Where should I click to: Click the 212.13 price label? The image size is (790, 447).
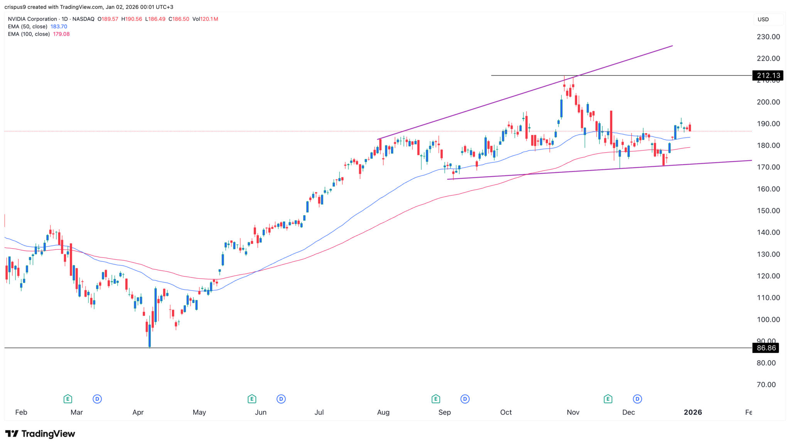pyautogui.click(x=768, y=75)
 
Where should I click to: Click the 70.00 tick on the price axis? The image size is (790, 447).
pyautogui.click(x=766, y=384)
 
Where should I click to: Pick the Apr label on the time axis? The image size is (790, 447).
pyautogui.click(x=138, y=412)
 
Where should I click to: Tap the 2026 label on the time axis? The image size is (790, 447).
pyautogui.click(x=692, y=412)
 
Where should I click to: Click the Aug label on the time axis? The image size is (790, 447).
pyautogui.click(x=383, y=412)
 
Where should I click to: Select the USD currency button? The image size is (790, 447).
pyautogui.click(x=763, y=19)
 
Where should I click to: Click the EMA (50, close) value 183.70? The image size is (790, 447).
pyautogui.click(x=59, y=27)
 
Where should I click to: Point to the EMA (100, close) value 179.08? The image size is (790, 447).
pyautogui.click(x=61, y=34)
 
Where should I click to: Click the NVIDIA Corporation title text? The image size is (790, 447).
pyautogui.click(x=32, y=19)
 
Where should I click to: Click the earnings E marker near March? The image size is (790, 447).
pyautogui.click(x=68, y=399)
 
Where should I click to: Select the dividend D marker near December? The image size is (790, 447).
pyautogui.click(x=637, y=399)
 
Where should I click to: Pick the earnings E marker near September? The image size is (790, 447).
pyautogui.click(x=436, y=399)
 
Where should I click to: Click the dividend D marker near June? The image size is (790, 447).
pyautogui.click(x=281, y=399)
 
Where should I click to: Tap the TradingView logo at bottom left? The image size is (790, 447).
pyautogui.click(x=40, y=434)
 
